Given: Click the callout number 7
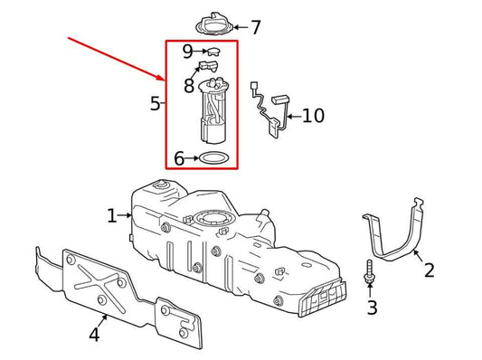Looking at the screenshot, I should [x=256, y=28].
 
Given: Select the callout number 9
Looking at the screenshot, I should [x=187, y=52].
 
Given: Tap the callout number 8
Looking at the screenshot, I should [x=188, y=86].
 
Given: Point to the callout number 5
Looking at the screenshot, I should [x=155, y=104].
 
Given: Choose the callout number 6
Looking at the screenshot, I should [x=179, y=159].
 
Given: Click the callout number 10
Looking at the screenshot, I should [x=312, y=116].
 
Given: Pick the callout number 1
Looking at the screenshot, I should [x=112, y=215].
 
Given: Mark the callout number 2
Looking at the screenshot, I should [x=429, y=269].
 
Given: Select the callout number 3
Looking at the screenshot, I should [x=372, y=308].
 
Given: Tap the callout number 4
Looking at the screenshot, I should [x=94, y=335].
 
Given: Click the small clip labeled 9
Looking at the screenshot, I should [x=213, y=52].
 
